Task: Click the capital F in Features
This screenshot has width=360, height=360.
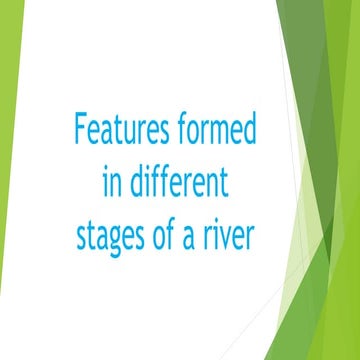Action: [81, 130]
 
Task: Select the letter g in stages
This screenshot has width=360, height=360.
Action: [122, 243]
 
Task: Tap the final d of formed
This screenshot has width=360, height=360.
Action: [251, 131]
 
